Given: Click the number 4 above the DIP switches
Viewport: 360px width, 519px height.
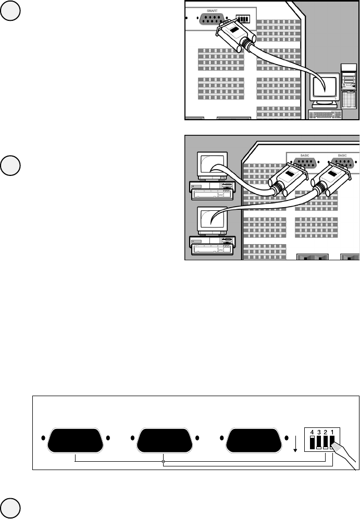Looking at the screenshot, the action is click(x=312, y=432).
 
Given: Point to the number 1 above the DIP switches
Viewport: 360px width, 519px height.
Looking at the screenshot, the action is click(x=332, y=432).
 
